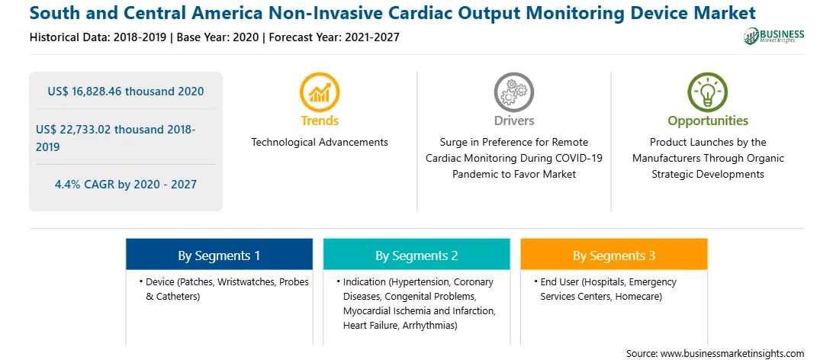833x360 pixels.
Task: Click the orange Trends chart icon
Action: click(x=320, y=92)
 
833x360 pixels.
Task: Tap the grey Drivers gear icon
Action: click(x=513, y=92)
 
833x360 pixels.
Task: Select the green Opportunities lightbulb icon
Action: click(x=708, y=92)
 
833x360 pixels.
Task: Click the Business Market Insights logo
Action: click(x=774, y=36)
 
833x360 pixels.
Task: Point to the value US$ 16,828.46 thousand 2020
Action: click(x=125, y=92)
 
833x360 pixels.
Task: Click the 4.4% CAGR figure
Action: click(x=125, y=185)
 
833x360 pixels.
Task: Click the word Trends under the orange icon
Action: click(x=320, y=121)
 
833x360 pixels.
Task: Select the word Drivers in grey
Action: click(x=513, y=121)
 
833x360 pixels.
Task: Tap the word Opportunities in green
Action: click(x=708, y=121)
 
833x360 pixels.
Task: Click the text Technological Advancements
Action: click(x=320, y=143)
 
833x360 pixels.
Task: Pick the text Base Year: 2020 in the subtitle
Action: click(x=218, y=37)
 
